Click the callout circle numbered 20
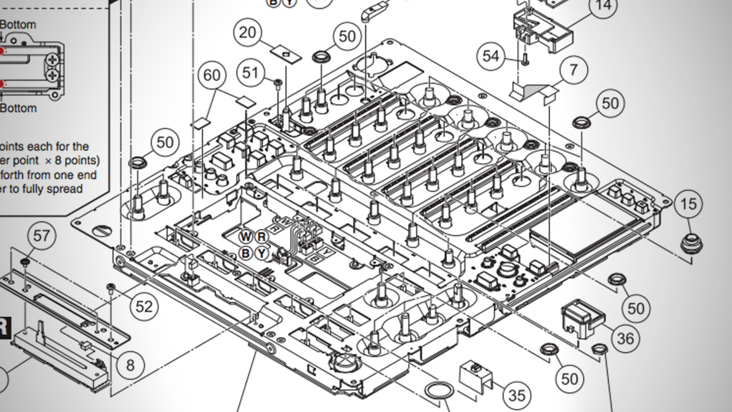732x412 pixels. pyautogui.click(x=248, y=33)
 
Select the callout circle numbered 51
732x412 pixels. pyautogui.click(x=250, y=73)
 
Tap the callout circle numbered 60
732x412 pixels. pyautogui.click(x=212, y=75)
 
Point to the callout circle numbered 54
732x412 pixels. pyautogui.click(x=491, y=56)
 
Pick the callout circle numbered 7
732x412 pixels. pyautogui.click(x=573, y=70)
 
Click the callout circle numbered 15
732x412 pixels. pyautogui.click(x=689, y=203)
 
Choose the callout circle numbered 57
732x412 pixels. pyautogui.click(x=42, y=235)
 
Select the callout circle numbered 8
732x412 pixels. pyautogui.click(x=130, y=365)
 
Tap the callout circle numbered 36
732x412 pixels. pyautogui.click(x=625, y=338)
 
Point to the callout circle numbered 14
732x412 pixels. pyautogui.click(x=603, y=6)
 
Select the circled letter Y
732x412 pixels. pyautogui.click(x=261, y=252)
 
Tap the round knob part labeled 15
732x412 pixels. pyautogui.click(x=691, y=244)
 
